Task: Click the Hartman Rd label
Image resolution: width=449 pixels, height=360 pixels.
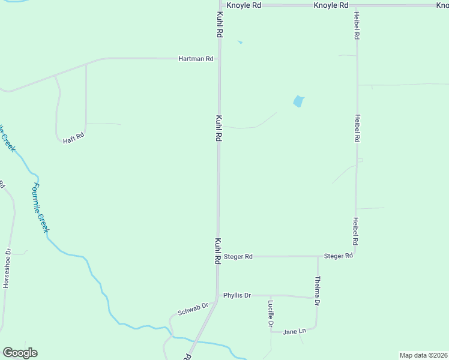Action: (196, 59)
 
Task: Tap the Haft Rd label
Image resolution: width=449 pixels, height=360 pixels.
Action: (74, 139)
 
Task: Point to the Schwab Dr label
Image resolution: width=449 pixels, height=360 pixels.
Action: (193, 310)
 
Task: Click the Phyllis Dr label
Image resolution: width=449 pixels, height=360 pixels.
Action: (237, 295)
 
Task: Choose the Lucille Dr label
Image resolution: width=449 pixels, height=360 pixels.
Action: (271, 314)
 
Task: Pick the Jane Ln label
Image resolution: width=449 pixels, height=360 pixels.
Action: (294, 331)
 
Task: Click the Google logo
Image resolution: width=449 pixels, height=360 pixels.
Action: (20, 353)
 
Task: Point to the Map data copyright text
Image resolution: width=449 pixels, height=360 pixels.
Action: (423, 355)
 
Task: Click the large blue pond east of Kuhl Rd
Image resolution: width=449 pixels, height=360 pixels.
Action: (298, 101)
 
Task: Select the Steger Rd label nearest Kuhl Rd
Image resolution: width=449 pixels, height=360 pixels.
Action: (238, 256)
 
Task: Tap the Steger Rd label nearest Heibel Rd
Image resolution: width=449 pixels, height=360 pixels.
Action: (338, 256)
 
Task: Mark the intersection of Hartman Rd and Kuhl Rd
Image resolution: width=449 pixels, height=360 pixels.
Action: (219, 59)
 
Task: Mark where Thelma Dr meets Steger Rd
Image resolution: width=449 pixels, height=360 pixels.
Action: (318, 256)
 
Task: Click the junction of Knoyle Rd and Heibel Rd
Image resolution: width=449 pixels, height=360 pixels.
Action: (357, 5)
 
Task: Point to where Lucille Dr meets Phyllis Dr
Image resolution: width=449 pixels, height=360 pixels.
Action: (271, 296)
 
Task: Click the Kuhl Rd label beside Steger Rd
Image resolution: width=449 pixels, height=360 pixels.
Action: (218, 251)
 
